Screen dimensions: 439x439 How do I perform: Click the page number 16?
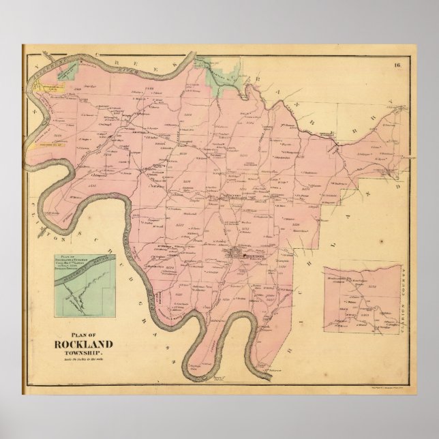coord(397,65)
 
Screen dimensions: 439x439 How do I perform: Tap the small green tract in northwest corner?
coord(67,74)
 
